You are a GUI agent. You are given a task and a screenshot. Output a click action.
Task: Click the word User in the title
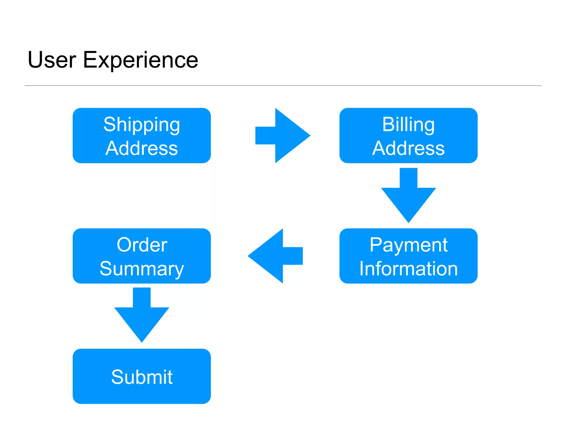[x=52, y=60]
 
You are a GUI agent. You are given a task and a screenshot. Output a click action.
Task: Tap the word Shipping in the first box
[x=141, y=125]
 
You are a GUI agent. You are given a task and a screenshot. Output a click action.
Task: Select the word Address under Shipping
[x=141, y=149]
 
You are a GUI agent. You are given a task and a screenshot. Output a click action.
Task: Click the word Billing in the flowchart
[x=408, y=125]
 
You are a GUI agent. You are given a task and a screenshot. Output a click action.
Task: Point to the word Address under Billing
[x=408, y=149]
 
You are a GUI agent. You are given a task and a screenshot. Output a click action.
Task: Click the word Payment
[x=408, y=245]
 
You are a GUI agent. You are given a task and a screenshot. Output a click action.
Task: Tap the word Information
[x=408, y=269]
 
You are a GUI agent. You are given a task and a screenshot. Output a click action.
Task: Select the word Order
[x=142, y=245]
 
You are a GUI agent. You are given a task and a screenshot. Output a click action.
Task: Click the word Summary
[x=141, y=269]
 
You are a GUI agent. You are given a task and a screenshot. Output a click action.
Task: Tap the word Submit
[x=142, y=377]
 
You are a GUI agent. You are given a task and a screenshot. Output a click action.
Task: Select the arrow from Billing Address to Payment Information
[x=408, y=196]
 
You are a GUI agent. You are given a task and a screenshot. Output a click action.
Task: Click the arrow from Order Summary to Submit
[x=141, y=316]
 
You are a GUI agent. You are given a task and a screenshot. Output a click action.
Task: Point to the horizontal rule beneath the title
[x=283, y=86]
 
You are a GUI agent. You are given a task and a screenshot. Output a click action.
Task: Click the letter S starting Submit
[x=117, y=377]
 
